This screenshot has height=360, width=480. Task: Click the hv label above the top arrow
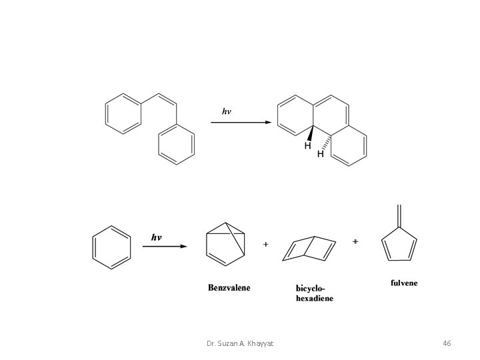coord(227,111)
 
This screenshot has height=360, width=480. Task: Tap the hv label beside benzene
coord(156,237)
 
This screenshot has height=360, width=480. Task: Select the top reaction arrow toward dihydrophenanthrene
coord(246,123)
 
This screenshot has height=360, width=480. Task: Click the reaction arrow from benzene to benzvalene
coord(165,247)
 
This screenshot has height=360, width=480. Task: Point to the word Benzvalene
coord(229,288)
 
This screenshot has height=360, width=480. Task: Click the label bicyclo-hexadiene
coord(315,293)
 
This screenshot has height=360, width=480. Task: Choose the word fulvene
coord(404,283)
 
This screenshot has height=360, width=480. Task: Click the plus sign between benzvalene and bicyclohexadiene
coord(266,245)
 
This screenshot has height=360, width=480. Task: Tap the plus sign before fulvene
coord(355,241)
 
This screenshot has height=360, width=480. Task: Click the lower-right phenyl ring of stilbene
coord(177,145)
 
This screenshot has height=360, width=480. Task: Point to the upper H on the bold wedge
coord(308,145)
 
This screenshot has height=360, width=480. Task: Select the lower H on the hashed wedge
coord(321,154)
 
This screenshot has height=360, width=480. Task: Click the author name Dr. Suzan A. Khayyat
coord(240,343)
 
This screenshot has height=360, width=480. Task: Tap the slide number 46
coord(447,343)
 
